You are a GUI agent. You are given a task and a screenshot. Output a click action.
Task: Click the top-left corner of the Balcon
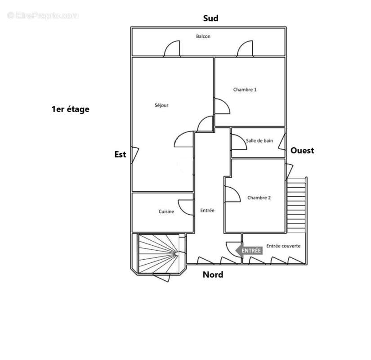pos(132,28)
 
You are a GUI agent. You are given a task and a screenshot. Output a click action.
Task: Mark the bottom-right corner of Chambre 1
pos(285,126)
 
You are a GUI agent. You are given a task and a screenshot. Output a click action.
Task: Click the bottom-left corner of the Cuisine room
pos(132,232)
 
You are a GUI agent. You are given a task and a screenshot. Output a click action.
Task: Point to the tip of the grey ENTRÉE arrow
pos(236,250)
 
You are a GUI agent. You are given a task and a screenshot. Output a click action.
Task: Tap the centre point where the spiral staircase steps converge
pos(177,254)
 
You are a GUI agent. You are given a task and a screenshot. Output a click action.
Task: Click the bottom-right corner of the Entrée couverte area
pos(307,264)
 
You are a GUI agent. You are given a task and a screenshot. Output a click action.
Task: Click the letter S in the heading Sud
pos(206,18)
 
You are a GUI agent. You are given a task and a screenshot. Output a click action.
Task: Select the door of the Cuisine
pos(186,207)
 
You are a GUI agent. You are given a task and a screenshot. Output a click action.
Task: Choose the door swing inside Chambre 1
pos(222,106)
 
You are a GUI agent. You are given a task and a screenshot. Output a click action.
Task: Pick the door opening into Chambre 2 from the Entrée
pos(232,194)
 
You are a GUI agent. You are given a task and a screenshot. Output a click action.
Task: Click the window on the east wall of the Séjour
pos(135,155)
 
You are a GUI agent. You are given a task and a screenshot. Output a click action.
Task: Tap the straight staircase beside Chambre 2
pos(296,205)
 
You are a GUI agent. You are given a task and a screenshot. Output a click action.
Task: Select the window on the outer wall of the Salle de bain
pos(282,142)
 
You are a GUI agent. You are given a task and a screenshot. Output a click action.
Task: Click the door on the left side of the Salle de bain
pos(239,142)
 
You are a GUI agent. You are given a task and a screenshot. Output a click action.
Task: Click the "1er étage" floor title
pos(71,109)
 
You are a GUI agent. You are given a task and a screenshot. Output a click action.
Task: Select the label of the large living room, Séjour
pos(161,105)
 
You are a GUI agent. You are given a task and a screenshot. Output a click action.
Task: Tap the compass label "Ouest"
pos(302,150)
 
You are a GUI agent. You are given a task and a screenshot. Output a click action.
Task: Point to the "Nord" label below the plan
pos(213,274)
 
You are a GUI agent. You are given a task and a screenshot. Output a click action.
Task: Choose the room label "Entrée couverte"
pos(283,246)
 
